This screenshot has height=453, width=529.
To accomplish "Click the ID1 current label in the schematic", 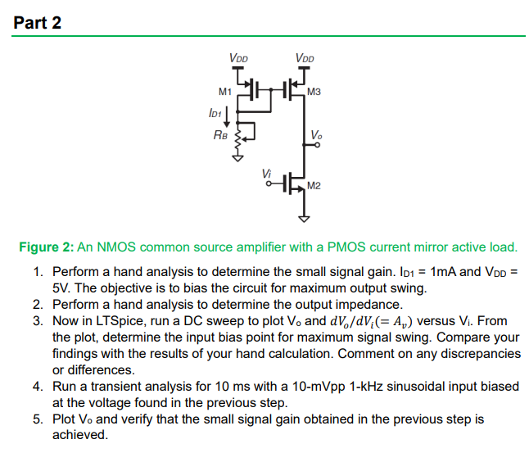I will [x=215, y=111].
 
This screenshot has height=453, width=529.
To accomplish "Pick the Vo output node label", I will [x=317, y=134].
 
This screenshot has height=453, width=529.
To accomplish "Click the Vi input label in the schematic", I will [x=264, y=171].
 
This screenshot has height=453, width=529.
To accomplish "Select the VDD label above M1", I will [x=239, y=58].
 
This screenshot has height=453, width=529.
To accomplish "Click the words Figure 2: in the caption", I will [x=47, y=247].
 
